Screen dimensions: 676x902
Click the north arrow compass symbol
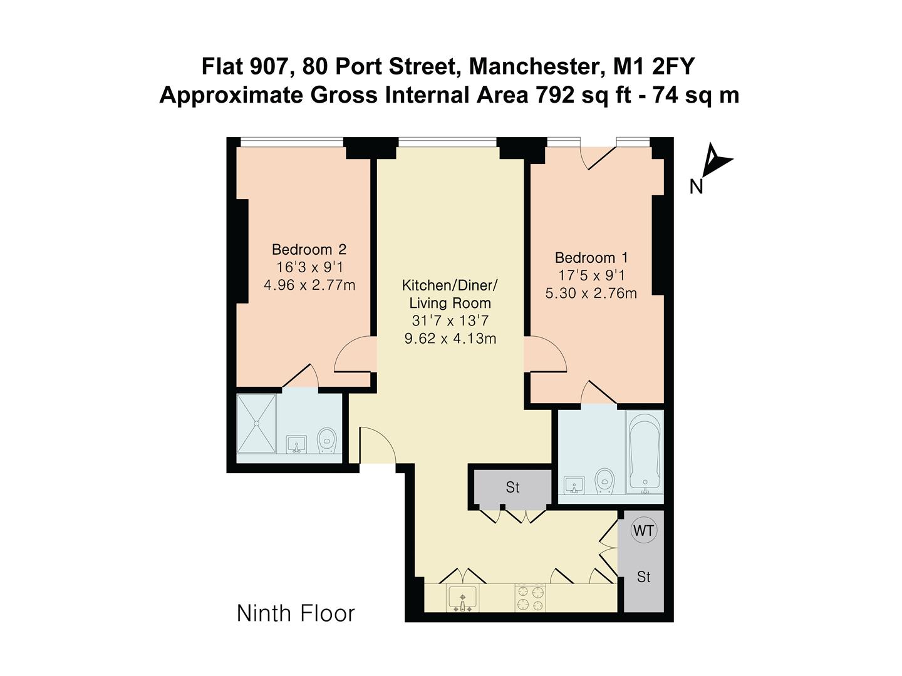click(x=716, y=160)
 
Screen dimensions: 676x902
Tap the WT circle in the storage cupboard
click(x=643, y=531)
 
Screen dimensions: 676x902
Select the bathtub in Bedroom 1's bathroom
click(x=645, y=453)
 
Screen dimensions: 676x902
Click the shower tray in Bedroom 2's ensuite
click(x=257, y=423)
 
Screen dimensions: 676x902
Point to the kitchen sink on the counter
click(x=462, y=597)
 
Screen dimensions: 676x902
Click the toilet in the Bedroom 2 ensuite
click(x=326, y=440)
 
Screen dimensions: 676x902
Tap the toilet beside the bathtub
click(x=604, y=480)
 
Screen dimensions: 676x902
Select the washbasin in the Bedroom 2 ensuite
click(x=296, y=444)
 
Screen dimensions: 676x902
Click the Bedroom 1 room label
click(x=591, y=258)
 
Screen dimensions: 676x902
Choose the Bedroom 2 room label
click(x=309, y=250)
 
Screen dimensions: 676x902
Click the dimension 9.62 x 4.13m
click(x=450, y=339)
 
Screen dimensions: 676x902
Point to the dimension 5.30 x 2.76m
click(x=591, y=293)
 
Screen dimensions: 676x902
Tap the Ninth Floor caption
click(x=296, y=613)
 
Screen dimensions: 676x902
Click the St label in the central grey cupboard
click(x=512, y=487)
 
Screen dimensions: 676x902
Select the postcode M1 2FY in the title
click(x=657, y=65)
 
